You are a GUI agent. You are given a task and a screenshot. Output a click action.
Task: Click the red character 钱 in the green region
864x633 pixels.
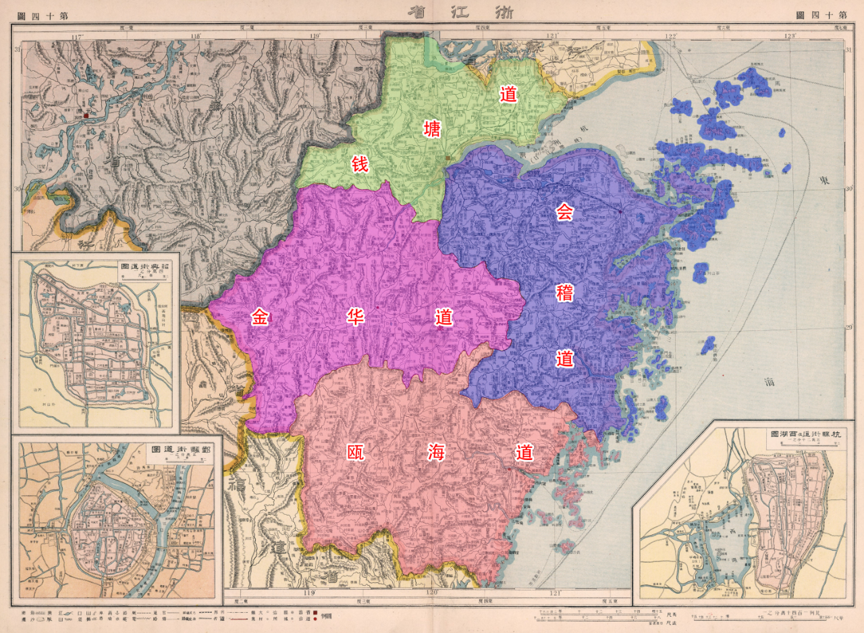pyautogui.click(x=360, y=163)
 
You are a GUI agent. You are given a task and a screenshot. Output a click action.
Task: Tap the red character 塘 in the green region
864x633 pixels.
pyautogui.click(x=432, y=128)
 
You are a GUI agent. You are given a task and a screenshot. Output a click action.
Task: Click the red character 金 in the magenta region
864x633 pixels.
pyautogui.click(x=261, y=317)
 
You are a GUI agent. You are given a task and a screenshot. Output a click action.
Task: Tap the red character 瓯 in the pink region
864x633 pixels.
pyautogui.click(x=356, y=453)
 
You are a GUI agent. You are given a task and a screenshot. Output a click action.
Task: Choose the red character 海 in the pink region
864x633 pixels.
pyautogui.click(x=435, y=453)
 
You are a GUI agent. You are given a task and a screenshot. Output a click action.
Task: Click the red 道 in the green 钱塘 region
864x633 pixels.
pyautogui.click(x=508, y=94)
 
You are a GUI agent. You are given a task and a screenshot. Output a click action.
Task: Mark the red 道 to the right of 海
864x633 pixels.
pyautogui.click(x=524, y=453)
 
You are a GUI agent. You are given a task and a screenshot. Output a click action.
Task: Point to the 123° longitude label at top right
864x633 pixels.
pyautogui.click(x=789, y=36)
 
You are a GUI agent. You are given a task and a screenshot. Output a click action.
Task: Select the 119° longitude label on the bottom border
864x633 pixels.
pyautogui.click(x=310, y=593)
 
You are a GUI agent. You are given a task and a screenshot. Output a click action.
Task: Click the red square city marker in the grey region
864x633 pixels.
pyautogui.click(x=86, y=116)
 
